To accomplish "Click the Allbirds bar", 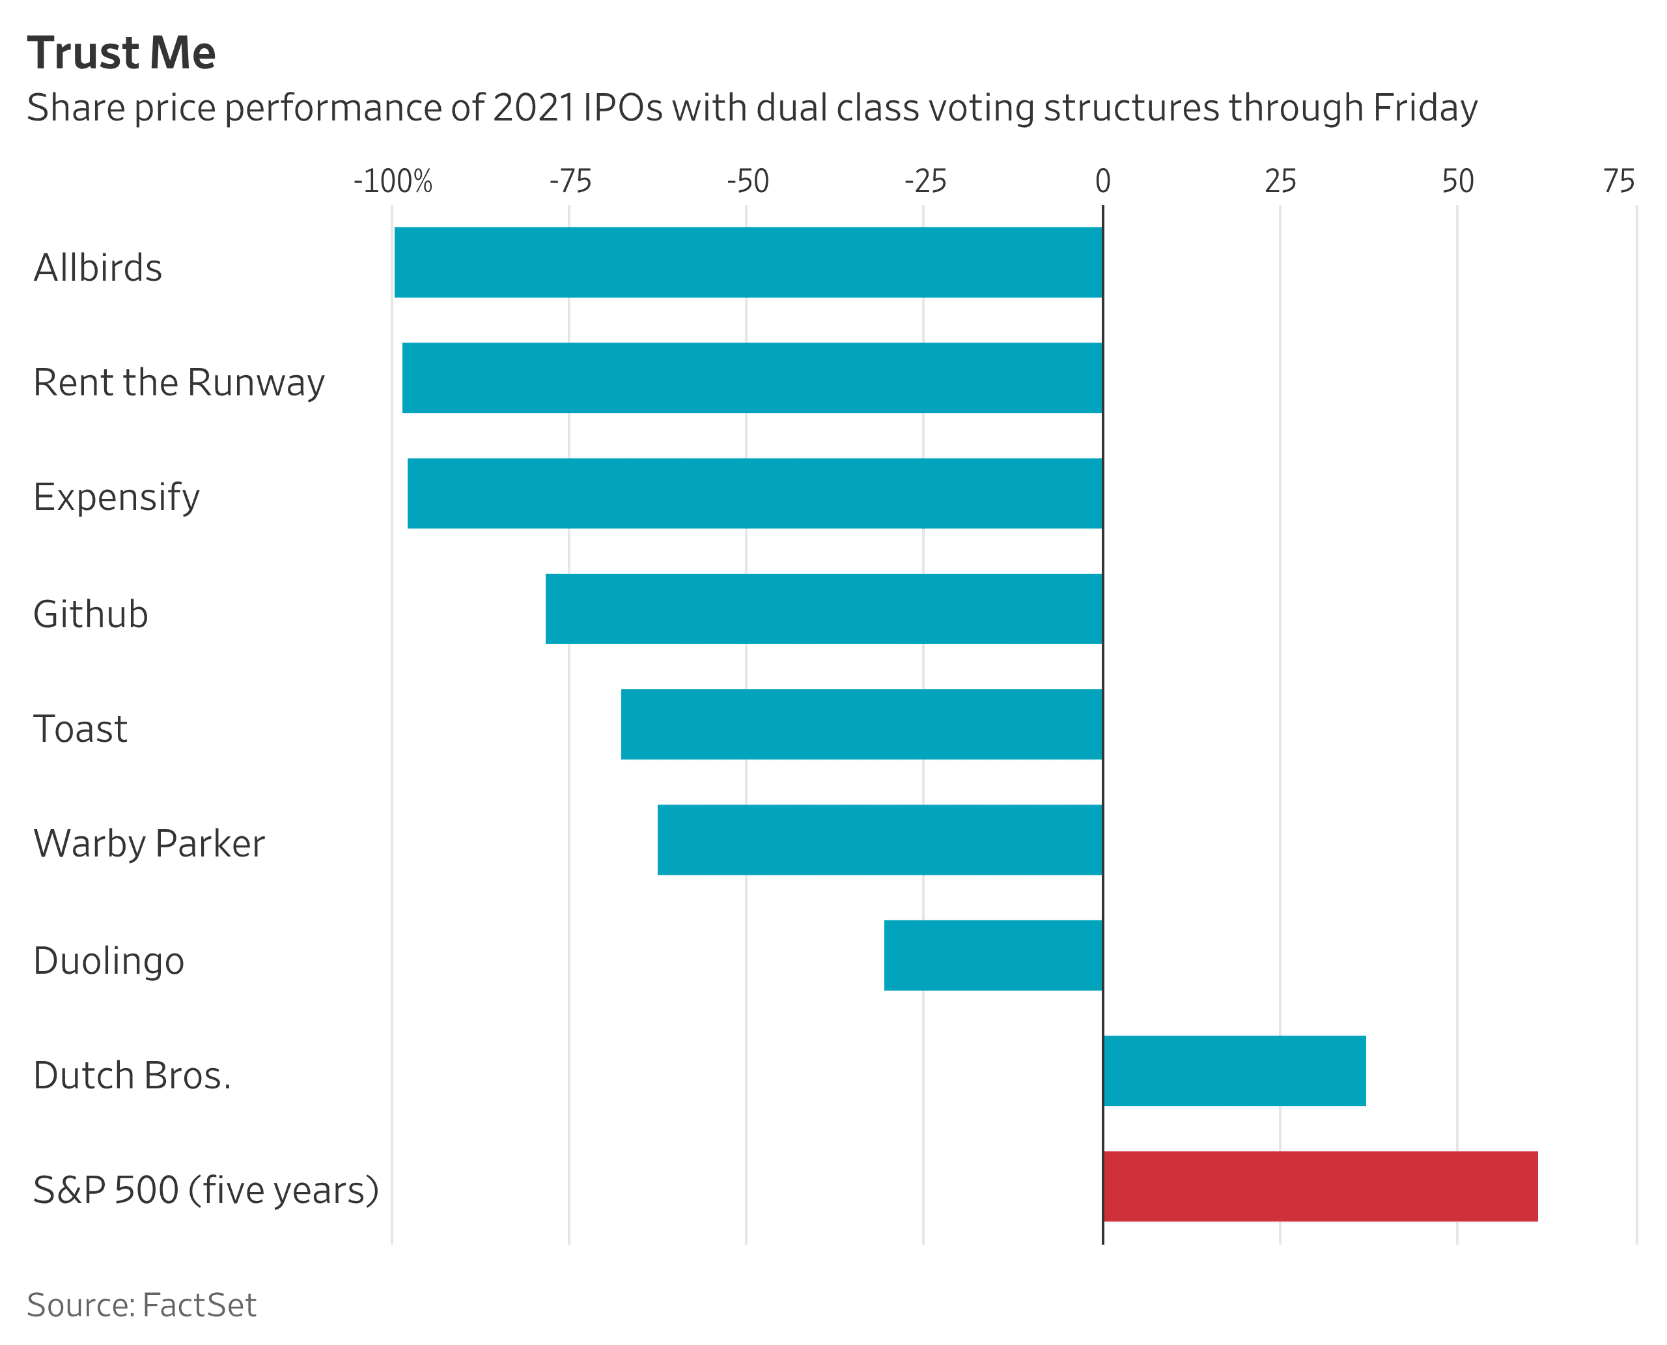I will pyautogui.click(x=748, y=262).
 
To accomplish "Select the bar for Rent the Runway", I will pyautogui.click(x=751, y=378).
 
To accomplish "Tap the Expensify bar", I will pyautogui.click(x=755, y=494).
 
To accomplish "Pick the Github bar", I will pyautogui.click(x=824, y=609).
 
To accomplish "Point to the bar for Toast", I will pyautogui.click(x=862, y=724).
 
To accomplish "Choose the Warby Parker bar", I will pyautogui.click(x=880, y=840).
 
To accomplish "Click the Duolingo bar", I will pyautogui.click(x=993, y=956).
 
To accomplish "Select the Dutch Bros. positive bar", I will pyautogui.click(x=1235, y=1071).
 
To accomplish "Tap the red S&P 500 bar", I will pyautogui.click(x=1320, y=1186).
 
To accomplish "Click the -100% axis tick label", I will pyautogui.click(x=393, y=182).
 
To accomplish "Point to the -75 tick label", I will pyautogui.click(x=570, y=182).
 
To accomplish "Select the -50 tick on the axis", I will pyautogui.click(x=748, y=182).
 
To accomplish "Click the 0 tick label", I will pyautogui.click(x=1102, y=182).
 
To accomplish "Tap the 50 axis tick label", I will pyautogui.click(x=1457, y=182).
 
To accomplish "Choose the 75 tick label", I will pyautogui.click(x=1618, y=182).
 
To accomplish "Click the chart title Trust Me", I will pyautogui.click(x=122, y=53).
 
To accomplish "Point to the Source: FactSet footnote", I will pyautogui.click(x=141, y=1305).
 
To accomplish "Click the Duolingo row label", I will pyautogui.click(x=109, y=961).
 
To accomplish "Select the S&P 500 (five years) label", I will pyautogui.click(x=206, y=1190).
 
